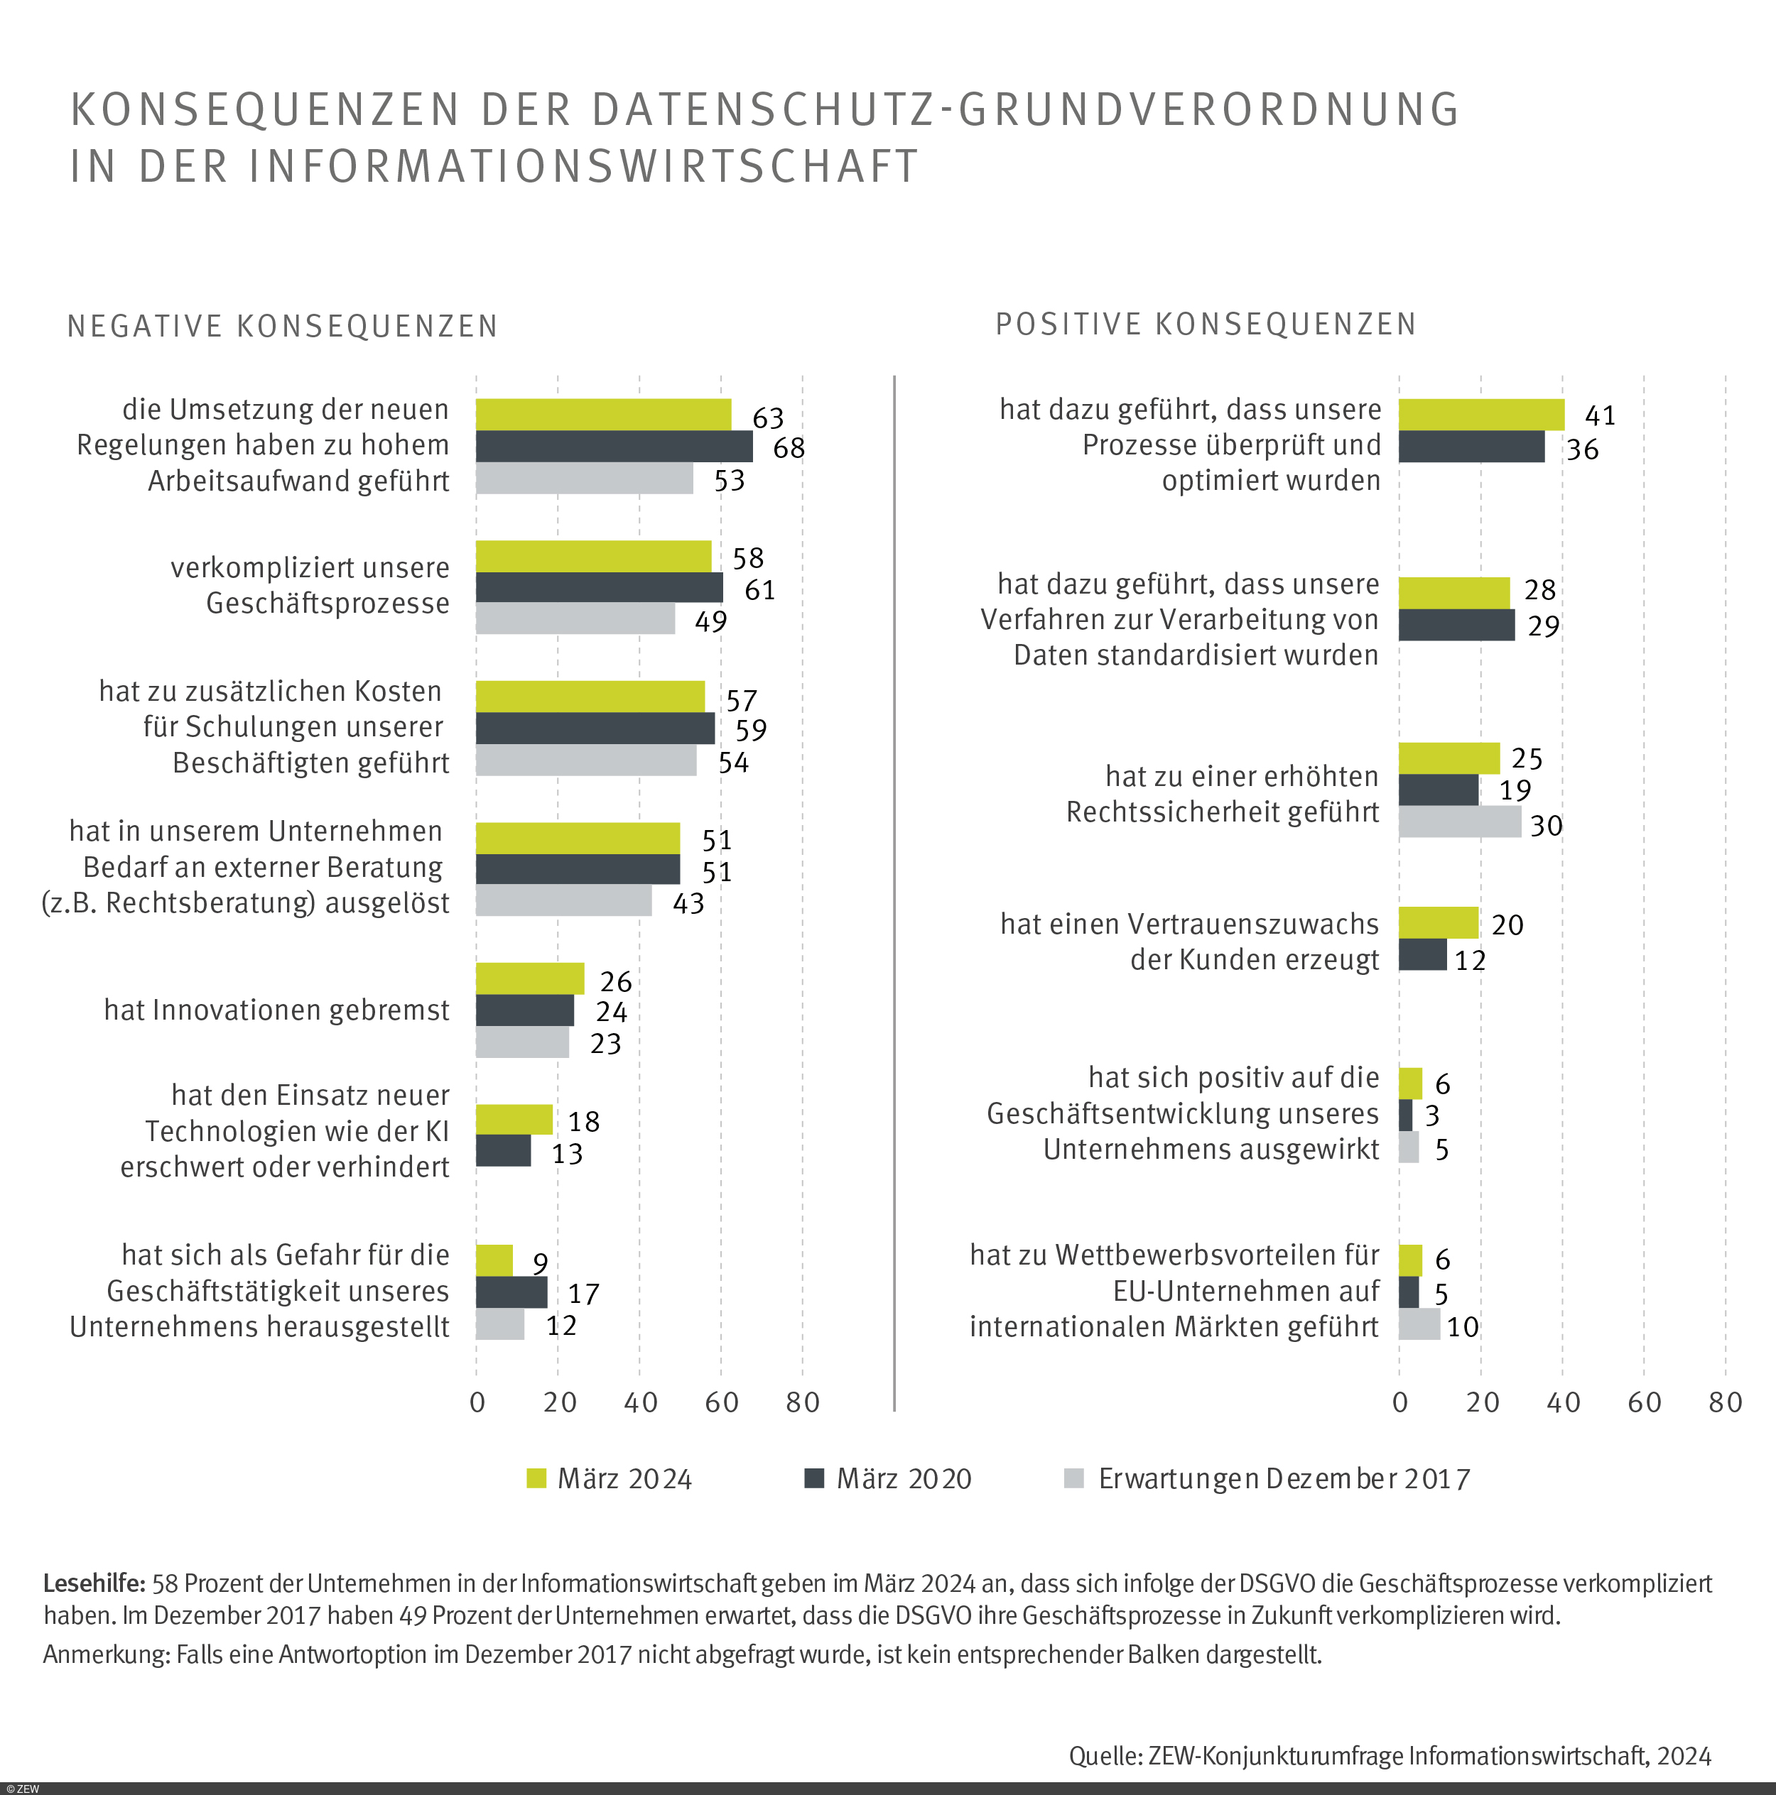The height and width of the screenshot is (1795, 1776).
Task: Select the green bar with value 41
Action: point(1480,415)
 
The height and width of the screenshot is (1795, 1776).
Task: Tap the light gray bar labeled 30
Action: point(1459,822)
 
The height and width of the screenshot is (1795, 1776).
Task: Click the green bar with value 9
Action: point(494,1261)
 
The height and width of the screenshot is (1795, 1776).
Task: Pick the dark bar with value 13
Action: point(503,1151)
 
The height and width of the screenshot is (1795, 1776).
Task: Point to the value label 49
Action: point(711,621)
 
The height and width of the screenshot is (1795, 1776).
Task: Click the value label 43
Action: point(688,903)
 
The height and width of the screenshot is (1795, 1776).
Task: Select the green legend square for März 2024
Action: point(536,1478)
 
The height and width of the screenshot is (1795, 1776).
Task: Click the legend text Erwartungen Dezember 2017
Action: point(1284,1479)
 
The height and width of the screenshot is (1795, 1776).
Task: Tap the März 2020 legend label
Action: point(904,1479)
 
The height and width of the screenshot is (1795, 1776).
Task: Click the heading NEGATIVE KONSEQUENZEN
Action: point(283,326)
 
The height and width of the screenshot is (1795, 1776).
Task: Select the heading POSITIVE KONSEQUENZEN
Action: point(1206,324)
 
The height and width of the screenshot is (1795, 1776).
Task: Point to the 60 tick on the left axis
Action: point(721,1402)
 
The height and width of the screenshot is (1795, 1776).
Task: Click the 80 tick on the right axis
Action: point(1725,1402)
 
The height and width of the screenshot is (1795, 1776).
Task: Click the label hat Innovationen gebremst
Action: point(276,1010)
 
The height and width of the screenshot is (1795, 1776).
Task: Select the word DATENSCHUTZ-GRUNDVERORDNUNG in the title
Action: point(1025,109)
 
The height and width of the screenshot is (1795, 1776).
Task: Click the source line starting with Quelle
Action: point(1390,1755)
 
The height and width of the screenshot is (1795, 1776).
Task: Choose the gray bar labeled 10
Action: point(1419,1324)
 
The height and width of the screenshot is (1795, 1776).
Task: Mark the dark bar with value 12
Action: point(1422,955)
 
